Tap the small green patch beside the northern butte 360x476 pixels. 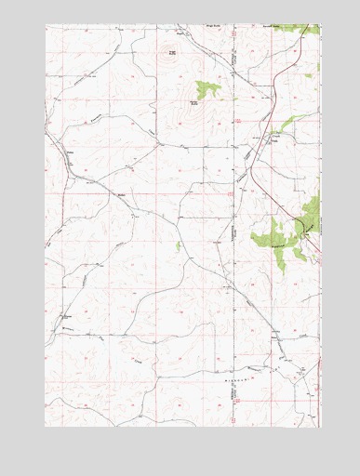point(206,88)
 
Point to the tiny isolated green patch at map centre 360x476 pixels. point(178,245)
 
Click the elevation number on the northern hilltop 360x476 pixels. point(171,52)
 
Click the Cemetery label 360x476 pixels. point(68,317)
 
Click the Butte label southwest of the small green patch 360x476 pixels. point(194,103)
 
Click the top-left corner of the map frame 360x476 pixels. point(46,25)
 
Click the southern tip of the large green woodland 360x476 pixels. point(284,269)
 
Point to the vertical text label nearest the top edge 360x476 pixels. point(232,56)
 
